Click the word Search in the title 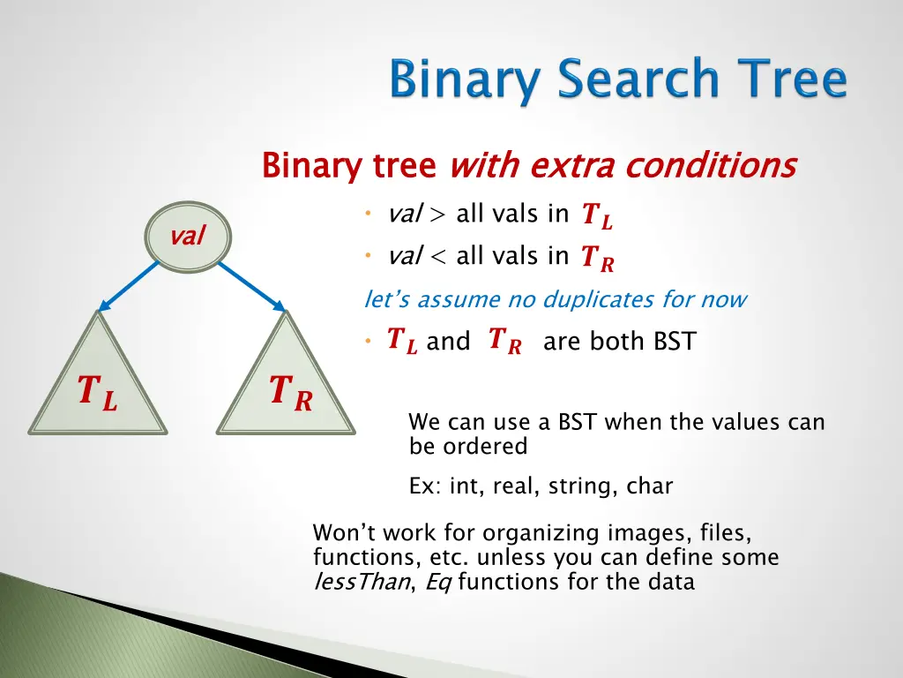[638, 78]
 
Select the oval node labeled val [188, 237]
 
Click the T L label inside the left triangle [98, 392]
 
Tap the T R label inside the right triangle [291, 392]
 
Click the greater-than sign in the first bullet [437, 215]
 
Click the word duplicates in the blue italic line [599, 300]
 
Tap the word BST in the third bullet [675, 342]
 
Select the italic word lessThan [362, 582]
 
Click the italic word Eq [438, 583]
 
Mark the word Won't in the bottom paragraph [345, 532]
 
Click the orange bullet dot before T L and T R [368, 342]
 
